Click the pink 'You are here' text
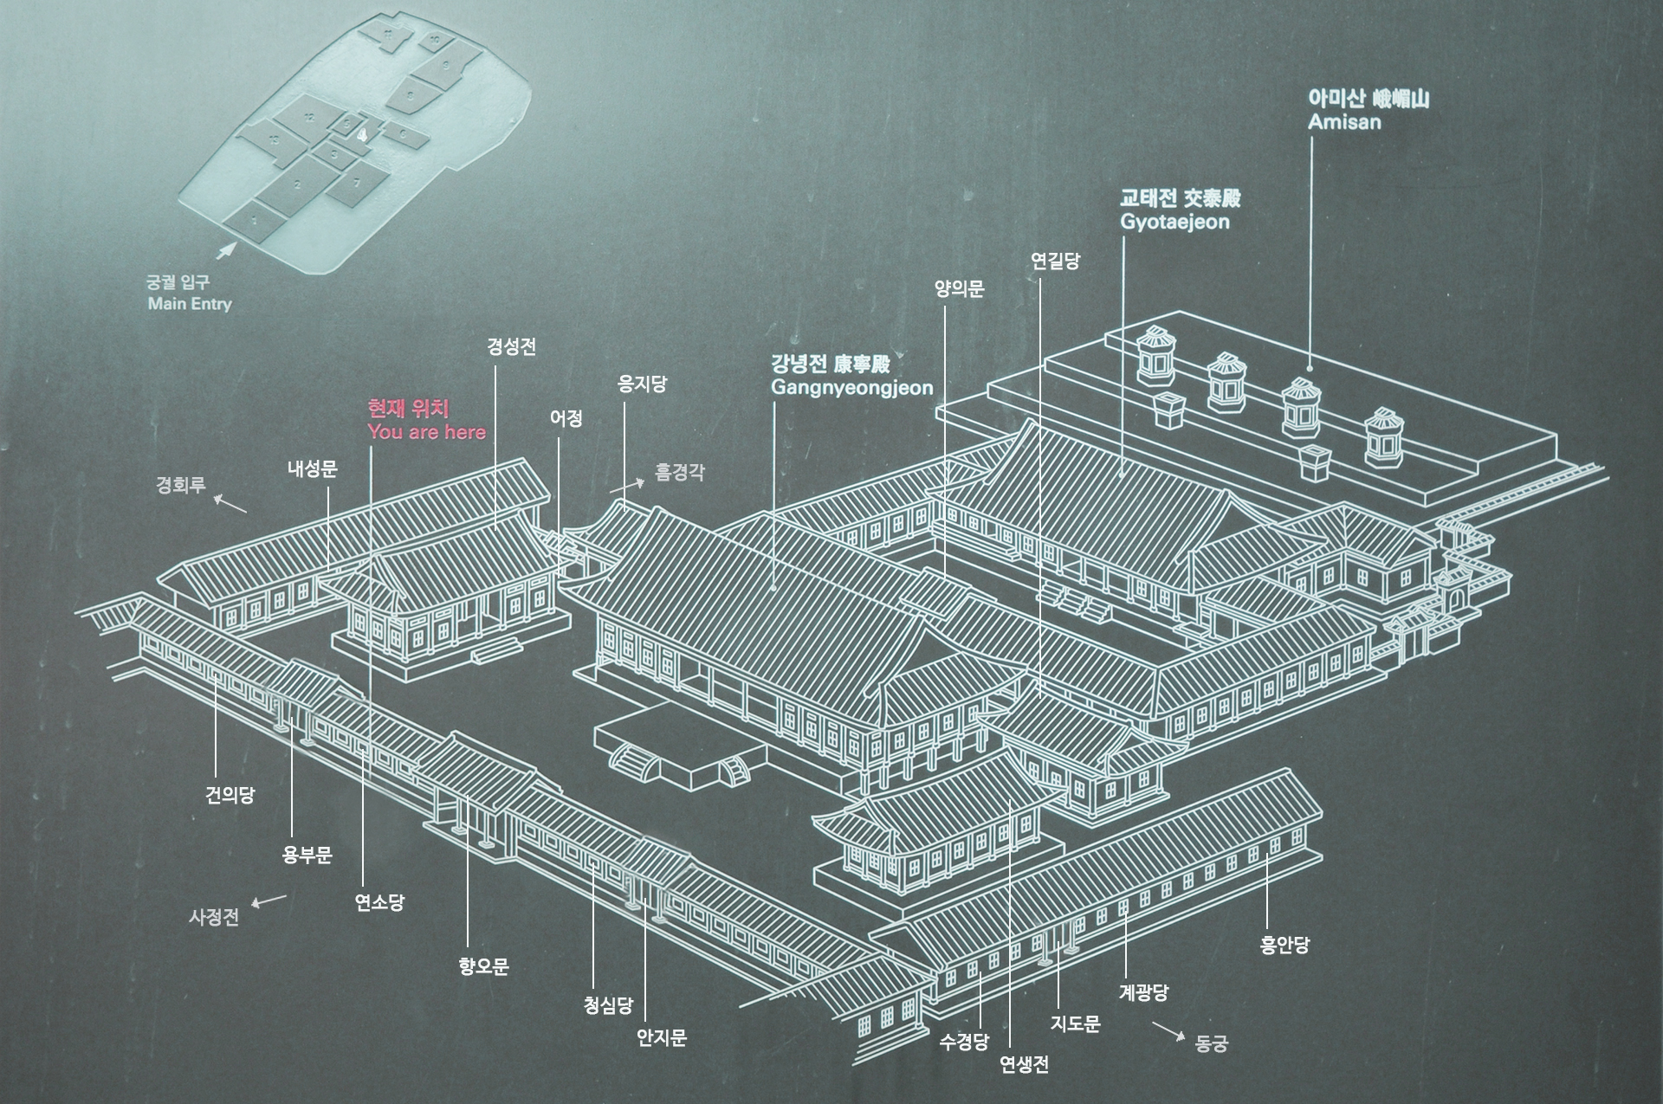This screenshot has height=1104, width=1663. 426,432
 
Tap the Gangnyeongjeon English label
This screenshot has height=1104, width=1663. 851,387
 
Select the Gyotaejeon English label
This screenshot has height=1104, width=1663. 1174,222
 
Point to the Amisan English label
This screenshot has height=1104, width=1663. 1344,122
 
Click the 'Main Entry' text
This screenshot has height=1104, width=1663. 190,303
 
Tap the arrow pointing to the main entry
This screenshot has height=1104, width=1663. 225,250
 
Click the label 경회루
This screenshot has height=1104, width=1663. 180,485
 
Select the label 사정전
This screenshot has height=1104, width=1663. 213,918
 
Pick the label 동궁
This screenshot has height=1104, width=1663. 1211,1043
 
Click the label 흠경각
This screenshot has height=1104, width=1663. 680,472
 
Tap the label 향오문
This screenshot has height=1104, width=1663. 483,966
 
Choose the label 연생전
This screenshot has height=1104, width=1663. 1024,1065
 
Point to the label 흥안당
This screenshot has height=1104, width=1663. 1284,945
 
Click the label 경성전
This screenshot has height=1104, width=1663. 511,347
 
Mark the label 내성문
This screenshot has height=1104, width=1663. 312,469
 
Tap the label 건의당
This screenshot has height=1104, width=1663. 230,795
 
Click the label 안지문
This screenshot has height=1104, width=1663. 662,1037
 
